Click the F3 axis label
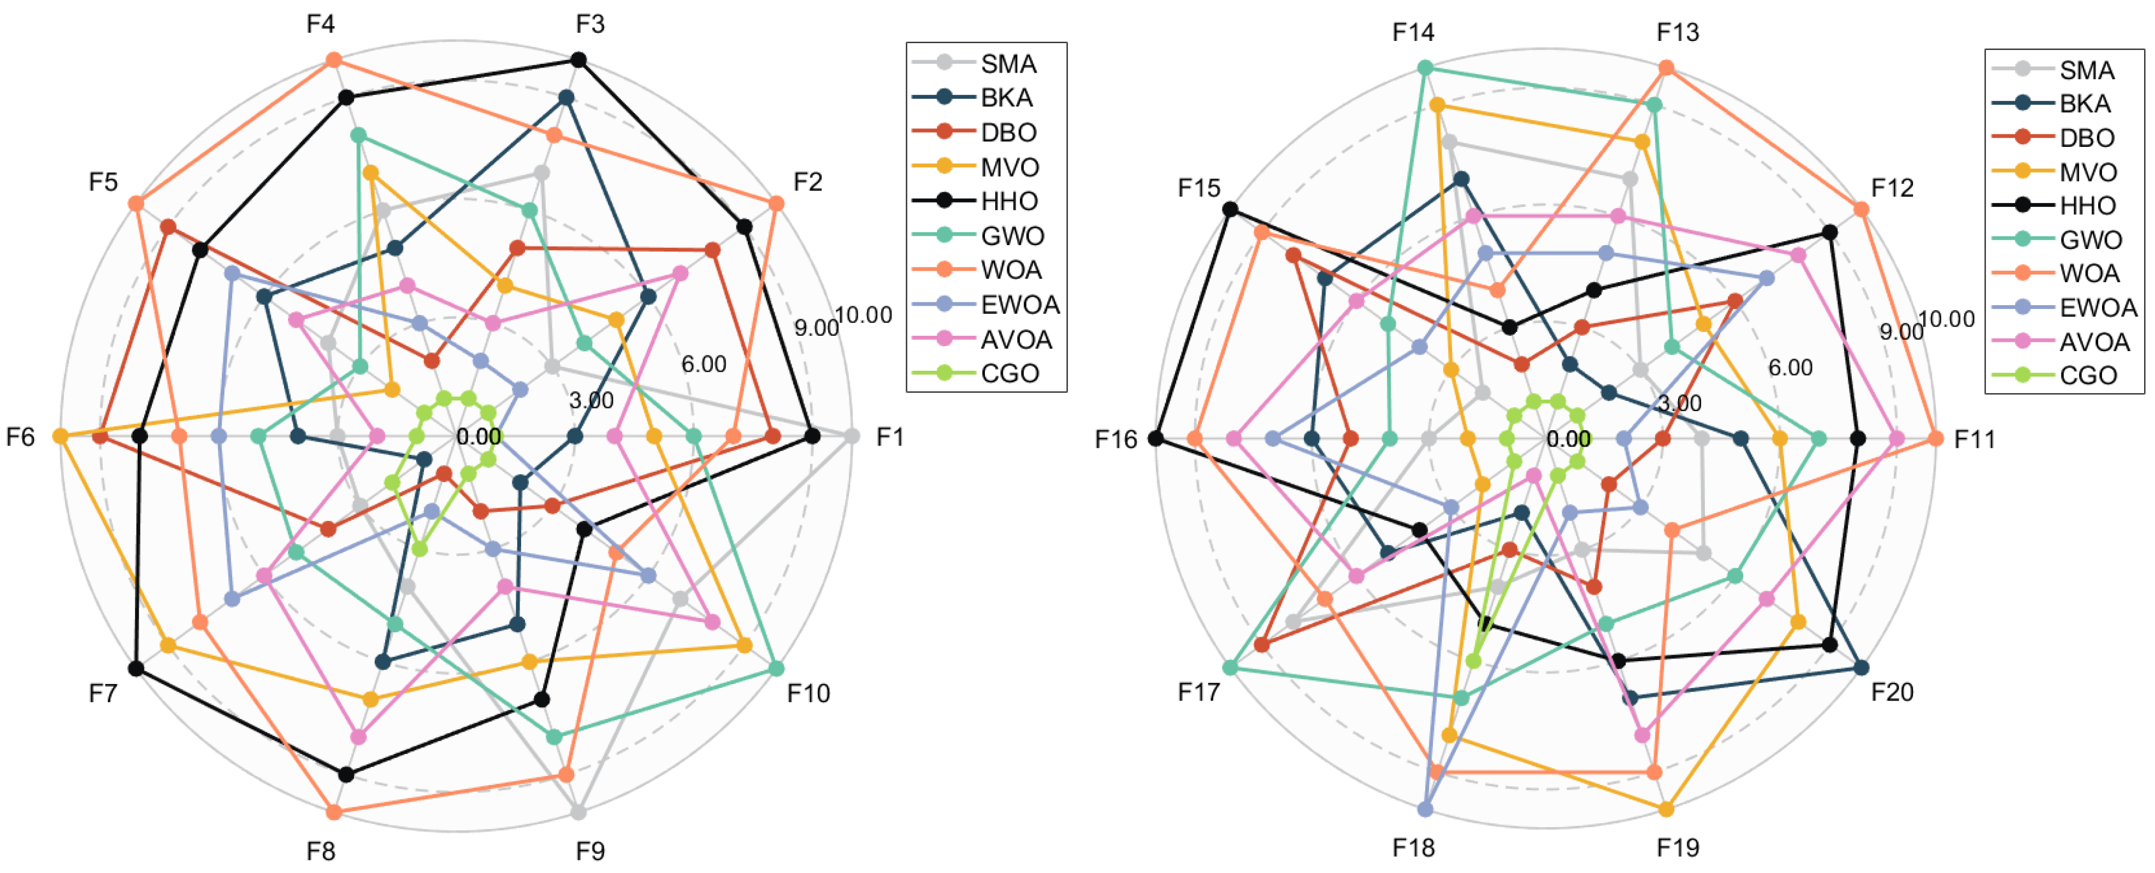click(590, 24)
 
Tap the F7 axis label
click(103, 693)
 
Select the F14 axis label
click(1413, 32)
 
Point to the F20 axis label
click(1892, 692)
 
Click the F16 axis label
click(1116, 439)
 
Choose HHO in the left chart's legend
click(1009, 201)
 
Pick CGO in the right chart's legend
click(2088, 376)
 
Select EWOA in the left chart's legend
click(1020, 305)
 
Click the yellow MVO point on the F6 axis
click(60, 436)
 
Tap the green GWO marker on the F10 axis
click(776, 668)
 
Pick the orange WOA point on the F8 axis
click(334, 812)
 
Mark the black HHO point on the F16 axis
click(1156, 438)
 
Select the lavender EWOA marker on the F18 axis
click(1426, 809)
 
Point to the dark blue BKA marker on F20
click(1861, 667)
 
